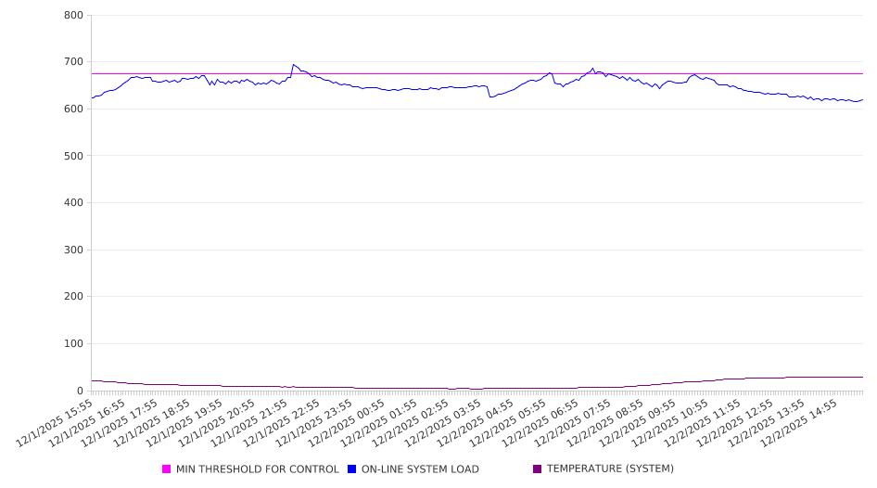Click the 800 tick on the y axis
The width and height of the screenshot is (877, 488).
pyautogui.click(x=74, y=15)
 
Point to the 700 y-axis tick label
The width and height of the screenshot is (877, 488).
pyautogui.click(x=74, y=62)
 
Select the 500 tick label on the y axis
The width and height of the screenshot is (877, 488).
pyautogui.click(x=74, y=156)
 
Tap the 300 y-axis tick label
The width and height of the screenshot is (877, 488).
pyautogui.click(x=74, y=250)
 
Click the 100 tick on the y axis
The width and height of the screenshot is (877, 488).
pyautogui.click(x=74, y=343)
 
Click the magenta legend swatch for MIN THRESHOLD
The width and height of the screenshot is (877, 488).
pyautogui.click(x=167, y=469)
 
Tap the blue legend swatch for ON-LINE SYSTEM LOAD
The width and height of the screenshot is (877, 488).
pyautogui.click(x=352, y=469)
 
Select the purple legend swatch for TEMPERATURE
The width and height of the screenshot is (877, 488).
pyautogui.click(x=538, y=469)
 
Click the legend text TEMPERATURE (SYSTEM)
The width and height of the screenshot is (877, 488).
pyautogui.click(x=610, y=469)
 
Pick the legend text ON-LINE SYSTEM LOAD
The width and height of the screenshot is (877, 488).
pyautogui.click(x=420, y=469)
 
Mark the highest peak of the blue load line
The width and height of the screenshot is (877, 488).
pyautogui.click(x=293, y=64)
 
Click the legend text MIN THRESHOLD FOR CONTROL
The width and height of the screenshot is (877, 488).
pyautogui.click(x=257, y=469)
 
